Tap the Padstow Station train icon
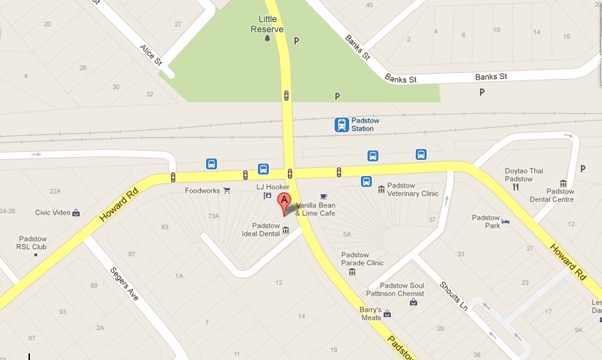coord(342,125)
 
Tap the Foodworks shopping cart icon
coord(227,191)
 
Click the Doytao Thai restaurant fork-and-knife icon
coord(515,186)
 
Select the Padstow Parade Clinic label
coord(362,259)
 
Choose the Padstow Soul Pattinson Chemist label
coord(396,289)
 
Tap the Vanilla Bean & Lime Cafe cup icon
coord(324,196)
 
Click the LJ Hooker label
coord(268,187)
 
